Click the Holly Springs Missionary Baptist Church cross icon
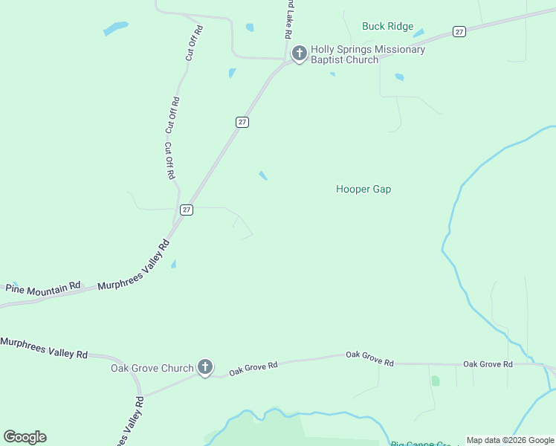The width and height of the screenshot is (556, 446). click(299, 54)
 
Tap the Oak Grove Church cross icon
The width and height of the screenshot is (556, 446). click(205, 367)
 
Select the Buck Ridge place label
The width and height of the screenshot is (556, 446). click(387, 26)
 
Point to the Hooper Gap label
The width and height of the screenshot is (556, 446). click(363, 190)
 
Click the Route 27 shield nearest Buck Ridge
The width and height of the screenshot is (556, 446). click(459, 32)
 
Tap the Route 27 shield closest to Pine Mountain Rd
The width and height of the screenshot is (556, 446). click(187, 210)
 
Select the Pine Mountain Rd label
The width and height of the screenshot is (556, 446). click(43, 287)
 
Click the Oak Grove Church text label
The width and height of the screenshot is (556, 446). click(152, 368)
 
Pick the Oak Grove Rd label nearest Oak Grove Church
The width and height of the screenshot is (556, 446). click(253, 367)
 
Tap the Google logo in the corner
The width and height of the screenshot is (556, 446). click(25, 437)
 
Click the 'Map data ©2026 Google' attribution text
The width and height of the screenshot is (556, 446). click(510, 440)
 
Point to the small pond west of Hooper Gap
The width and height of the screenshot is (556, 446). click(263, 175)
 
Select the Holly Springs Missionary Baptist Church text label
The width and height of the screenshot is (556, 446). click(367, 54)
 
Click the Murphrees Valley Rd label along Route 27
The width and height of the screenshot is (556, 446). click(134, 266)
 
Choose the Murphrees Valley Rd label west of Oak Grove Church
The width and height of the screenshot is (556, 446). click(44, 347)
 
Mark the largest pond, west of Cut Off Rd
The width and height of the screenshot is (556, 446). click(115, 29)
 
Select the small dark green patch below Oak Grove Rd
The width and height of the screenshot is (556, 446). click(435, 381)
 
